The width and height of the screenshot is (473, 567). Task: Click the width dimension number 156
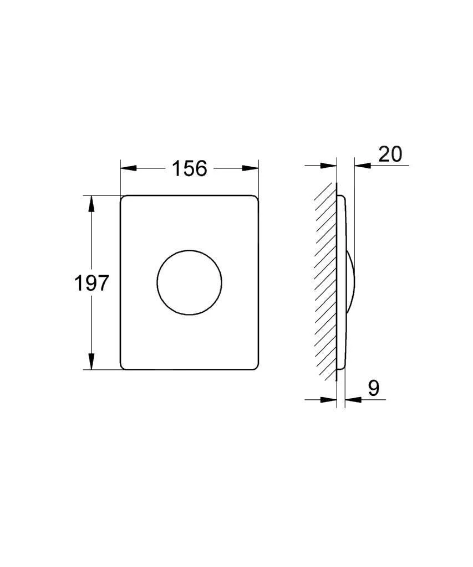coord(189,168)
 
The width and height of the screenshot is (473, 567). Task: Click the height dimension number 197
coord(91,283)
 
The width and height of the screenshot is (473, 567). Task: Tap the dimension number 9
coord(374,388)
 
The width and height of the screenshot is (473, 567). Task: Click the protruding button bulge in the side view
coord(351,282)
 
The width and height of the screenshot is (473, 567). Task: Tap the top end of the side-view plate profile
coord(340,196)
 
